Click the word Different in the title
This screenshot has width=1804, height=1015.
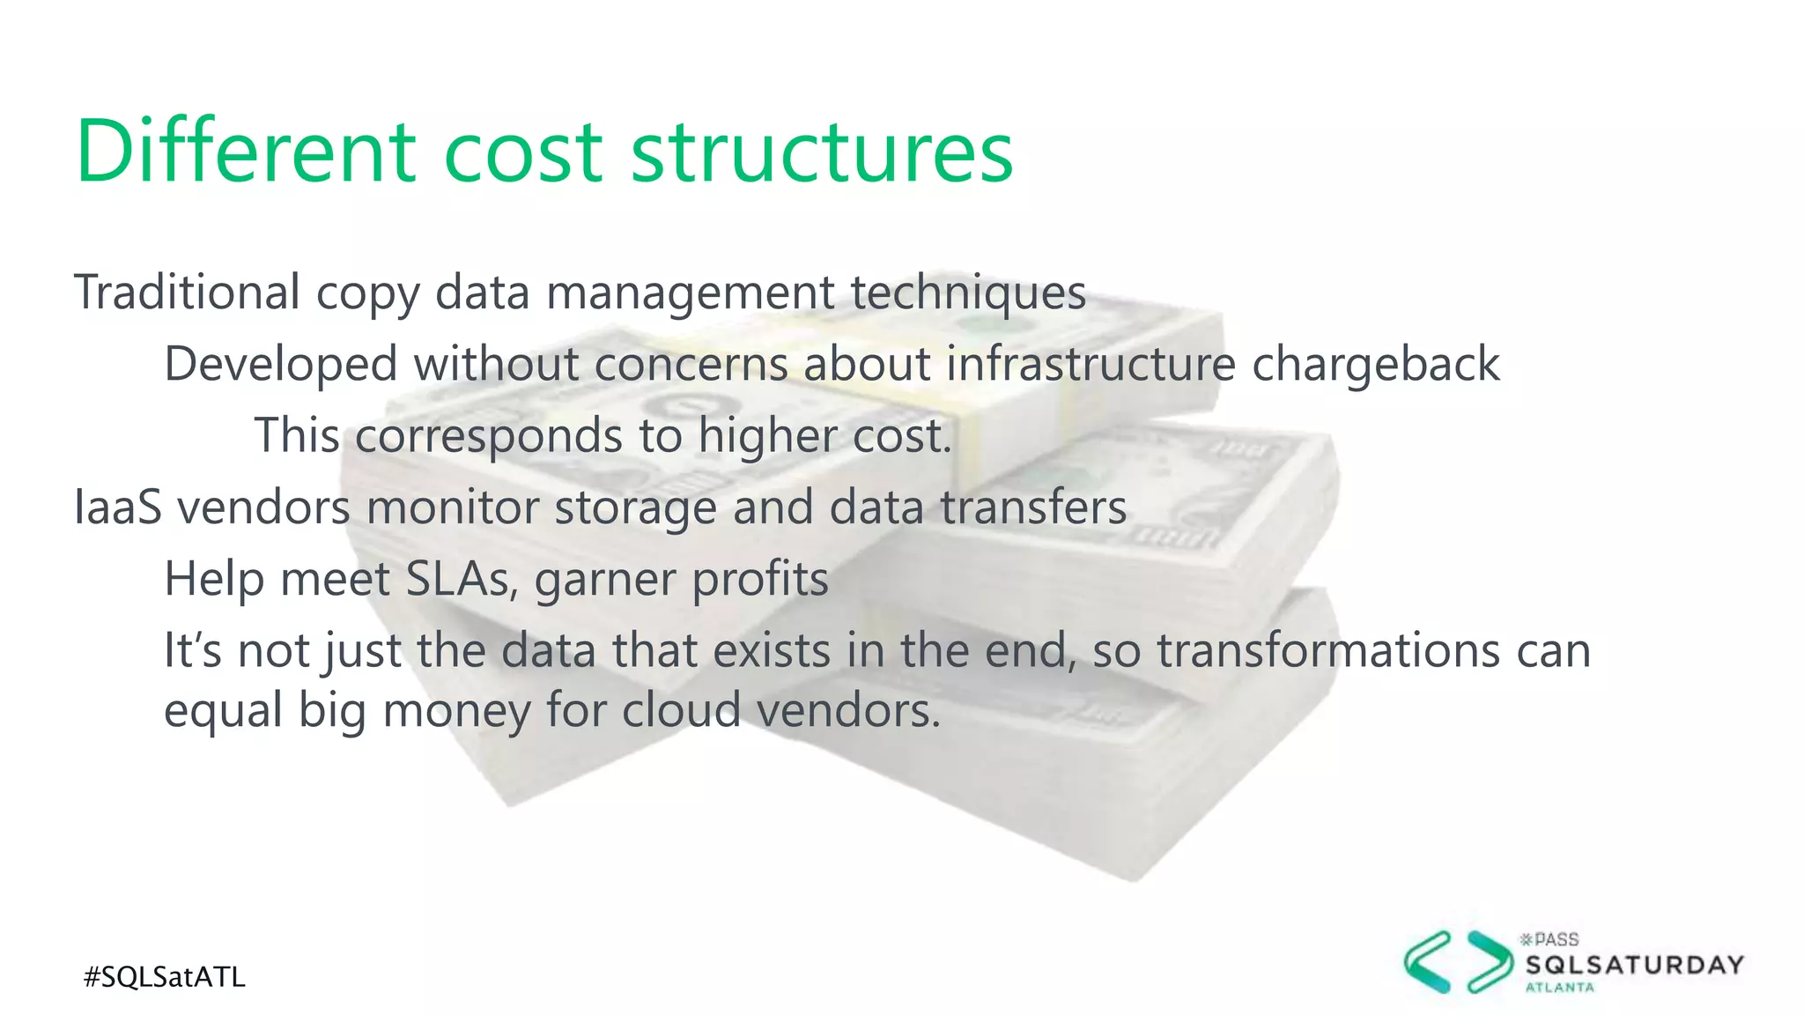click(246, 152)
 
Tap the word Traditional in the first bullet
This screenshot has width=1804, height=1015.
click(188, 292)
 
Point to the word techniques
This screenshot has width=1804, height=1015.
click(968, 292)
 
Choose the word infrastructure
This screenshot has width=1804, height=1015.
click(1091, 364)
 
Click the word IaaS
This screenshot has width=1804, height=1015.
click(118, 507)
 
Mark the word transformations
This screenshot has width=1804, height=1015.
click(1328, 651)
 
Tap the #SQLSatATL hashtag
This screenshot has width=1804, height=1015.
click(165, 976)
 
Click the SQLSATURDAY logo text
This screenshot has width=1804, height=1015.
click(1634, 965)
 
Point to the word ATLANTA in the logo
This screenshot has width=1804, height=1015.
click(1559, 988)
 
